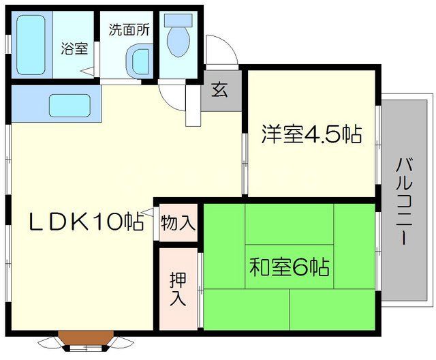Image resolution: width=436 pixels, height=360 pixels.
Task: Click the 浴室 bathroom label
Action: point(74,49)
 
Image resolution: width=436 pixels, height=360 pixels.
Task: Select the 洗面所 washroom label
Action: point(129,29)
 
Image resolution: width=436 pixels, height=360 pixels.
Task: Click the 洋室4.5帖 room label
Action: point(310,134)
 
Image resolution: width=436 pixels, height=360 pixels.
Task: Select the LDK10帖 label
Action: point(84,221)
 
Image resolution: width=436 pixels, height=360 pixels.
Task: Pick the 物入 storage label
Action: point(178,222)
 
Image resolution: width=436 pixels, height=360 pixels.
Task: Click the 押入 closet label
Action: point(178,289)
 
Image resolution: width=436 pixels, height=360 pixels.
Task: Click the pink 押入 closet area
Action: point(178,289)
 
